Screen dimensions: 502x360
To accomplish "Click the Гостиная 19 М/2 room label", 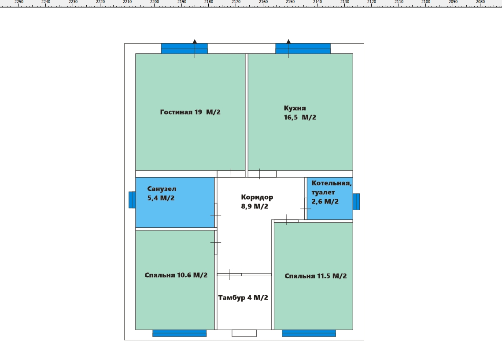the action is tap(190, 112).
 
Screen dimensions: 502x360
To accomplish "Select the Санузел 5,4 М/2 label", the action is tap(162, 193).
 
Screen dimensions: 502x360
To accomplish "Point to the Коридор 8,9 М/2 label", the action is tap(257, 202).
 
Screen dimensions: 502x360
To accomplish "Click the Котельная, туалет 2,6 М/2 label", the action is tap(331, 192).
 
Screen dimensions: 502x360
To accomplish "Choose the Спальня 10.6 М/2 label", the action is tap(176, 275).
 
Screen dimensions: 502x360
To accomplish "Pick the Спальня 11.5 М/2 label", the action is tap(315, 276).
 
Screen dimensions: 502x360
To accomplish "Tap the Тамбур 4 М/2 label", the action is tap(243, 298).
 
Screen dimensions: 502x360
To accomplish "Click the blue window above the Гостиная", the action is tap(185, 48).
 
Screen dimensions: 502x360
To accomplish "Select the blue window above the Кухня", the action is tap(303, 48).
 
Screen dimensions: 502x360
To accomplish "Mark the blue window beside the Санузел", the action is tap(132, 200).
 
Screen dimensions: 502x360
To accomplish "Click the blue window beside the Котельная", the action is tap(356, 202).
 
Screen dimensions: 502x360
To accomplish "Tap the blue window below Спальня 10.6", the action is tap(179, 333).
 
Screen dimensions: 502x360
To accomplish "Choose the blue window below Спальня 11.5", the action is tap(309, 333).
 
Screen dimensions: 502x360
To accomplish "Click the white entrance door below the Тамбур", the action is tap(244, 333).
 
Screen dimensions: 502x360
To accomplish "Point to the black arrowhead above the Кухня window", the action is tap(288, 41).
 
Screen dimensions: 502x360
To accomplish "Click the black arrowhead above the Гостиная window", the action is tap(195, 41).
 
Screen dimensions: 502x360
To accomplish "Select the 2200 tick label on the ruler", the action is tap(155, 2).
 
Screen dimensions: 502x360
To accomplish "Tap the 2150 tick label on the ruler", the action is tap(290, 2).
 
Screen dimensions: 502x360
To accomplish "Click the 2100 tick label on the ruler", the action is tap(426, 2).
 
